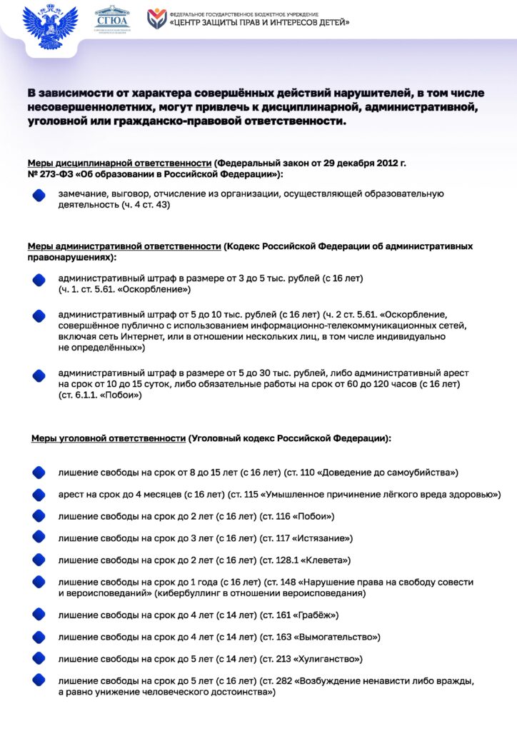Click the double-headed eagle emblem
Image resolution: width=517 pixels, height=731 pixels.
49,26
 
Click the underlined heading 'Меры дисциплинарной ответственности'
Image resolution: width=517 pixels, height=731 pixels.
119,163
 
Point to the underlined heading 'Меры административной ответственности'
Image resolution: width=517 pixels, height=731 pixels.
124,246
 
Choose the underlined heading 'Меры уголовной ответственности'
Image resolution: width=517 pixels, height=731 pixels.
108,438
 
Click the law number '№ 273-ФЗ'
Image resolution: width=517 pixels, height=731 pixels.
53,174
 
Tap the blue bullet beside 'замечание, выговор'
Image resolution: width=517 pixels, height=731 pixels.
39,196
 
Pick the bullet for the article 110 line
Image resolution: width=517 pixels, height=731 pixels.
39,473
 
